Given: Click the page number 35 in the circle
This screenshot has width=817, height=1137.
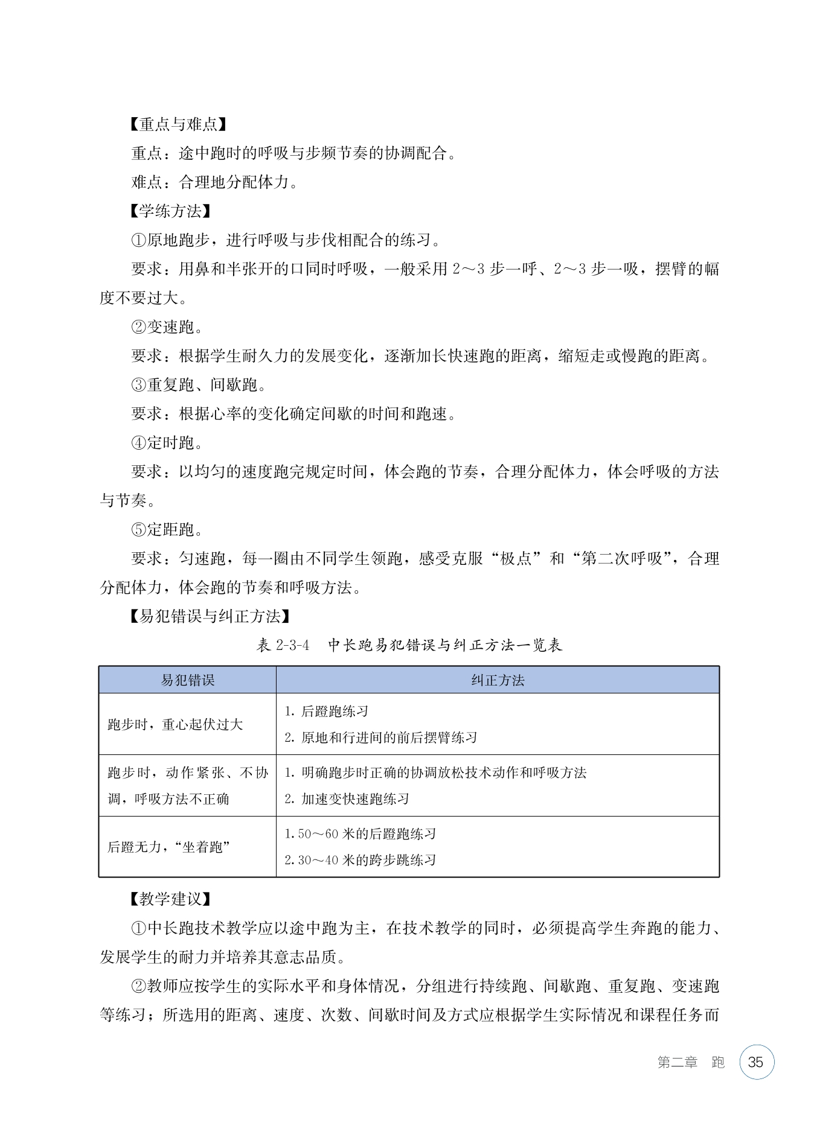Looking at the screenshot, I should (x=755, y=1062).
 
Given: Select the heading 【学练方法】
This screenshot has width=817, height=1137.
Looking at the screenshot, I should (x=169, y=211).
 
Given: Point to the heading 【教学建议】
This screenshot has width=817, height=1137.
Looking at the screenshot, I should (x=169, y=899).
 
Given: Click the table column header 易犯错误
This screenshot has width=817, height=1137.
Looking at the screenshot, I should (x=187, y=680).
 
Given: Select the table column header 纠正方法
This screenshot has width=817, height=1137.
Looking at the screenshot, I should (x=498, y=680).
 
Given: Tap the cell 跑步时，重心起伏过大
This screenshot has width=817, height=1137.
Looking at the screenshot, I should (x=175, y=724).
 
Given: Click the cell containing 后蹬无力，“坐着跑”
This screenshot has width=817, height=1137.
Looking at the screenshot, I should (x=169, y=847).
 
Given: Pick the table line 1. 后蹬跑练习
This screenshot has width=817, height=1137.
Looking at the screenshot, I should (x=326, y=712).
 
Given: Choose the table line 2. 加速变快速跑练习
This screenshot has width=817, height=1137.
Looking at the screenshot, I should (x=347, y=799).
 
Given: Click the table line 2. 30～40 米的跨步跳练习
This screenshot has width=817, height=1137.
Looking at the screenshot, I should (x=360, y=860).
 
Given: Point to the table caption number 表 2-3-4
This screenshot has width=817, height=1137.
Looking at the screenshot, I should (x=283, y=645).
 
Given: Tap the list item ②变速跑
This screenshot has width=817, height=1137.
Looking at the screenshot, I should (x=167, y=327).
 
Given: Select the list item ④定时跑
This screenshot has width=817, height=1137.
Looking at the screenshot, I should (x=167, y=443).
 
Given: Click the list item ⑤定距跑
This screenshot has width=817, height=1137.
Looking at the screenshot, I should (x=167, y=530).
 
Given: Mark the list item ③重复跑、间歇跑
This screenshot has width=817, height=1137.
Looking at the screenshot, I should (x=198, y=385).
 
